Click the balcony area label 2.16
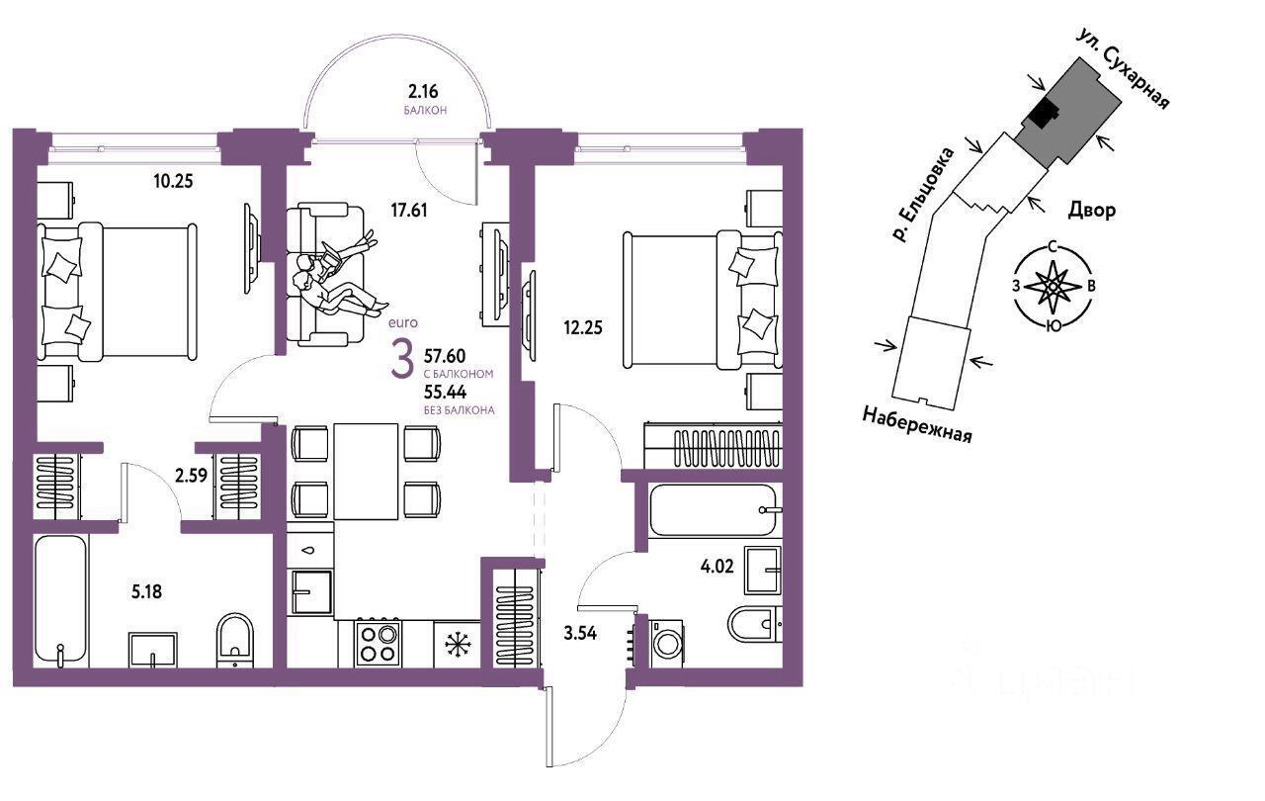point(423,92)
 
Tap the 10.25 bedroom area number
point(173,181)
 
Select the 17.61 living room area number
point(409,211)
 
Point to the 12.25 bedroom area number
point(583,327)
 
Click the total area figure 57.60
point(445,356)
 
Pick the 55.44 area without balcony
point(445,392)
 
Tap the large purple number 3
point(402,359)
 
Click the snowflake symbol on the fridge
point(457,645)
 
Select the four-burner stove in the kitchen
point(378,644)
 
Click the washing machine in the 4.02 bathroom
point(666,645)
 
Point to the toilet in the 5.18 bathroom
point(235,641)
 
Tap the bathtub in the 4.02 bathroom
point(715,510)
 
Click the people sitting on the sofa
point(339,275)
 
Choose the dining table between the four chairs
point(366,472)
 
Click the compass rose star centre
point(1053,287)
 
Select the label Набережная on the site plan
point(917,425)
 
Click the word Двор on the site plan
point(1092,211)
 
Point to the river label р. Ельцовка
point(923,195)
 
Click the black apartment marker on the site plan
point(1043,116)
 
